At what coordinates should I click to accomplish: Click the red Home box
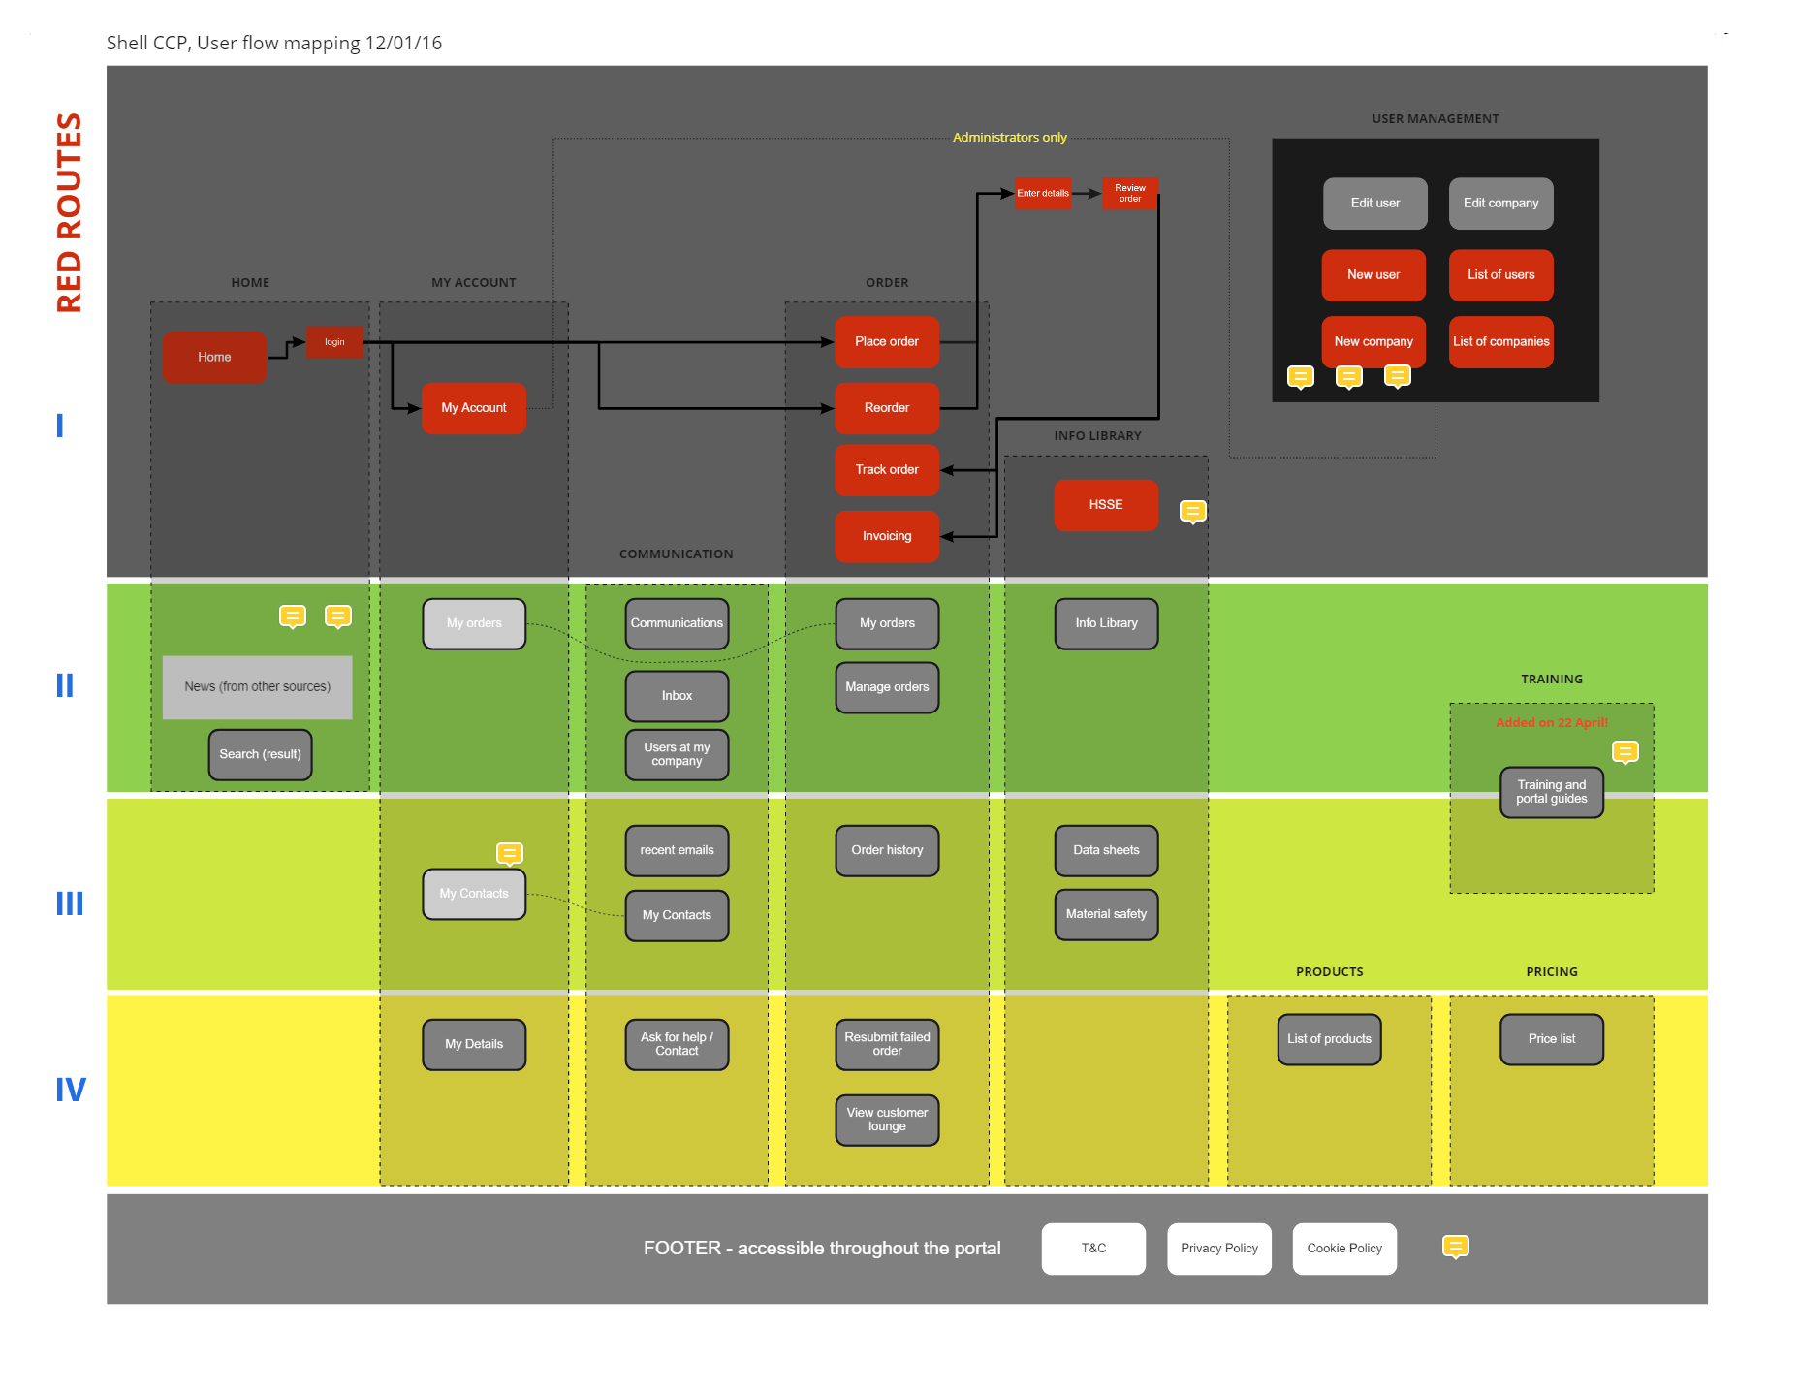click(214, 357)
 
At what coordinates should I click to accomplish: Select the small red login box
click(334, 342)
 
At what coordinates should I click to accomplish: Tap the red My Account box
click(474, 408)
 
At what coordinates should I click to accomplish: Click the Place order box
click(887, 341)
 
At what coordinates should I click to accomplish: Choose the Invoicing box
click(887, 536)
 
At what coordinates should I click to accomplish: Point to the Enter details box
click(1043, 193)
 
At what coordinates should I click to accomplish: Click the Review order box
click(1130, 193)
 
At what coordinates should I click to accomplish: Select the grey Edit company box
click(1500, 203)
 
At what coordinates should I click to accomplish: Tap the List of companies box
click(1500, 341)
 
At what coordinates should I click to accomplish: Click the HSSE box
click(1106, 505)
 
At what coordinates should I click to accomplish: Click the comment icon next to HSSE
click(1192, 511)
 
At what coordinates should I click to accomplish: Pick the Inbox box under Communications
click(677, 696)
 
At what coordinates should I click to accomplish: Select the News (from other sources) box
click(258, 687)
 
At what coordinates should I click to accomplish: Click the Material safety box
click(1106, 914)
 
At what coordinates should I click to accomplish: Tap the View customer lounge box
click(887, 1120)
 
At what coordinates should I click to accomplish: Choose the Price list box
click(1551, 1039)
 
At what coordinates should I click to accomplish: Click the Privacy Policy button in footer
click(1218, 1249)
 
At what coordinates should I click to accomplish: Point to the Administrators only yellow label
click(1009, 138)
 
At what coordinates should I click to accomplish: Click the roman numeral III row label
click(69, 903)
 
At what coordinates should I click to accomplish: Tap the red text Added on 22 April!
click(1551, 723)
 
